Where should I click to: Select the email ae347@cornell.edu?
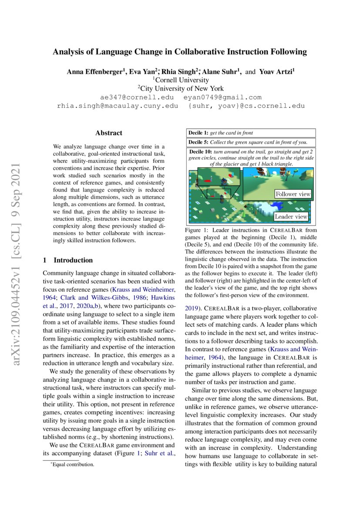[x=137, y=97]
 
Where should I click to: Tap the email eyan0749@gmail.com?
[x=222, y=97]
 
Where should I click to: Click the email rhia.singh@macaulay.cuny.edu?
[x=118, y=106]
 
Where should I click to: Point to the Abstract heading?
[x=108, y=133]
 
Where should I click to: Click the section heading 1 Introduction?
[x=68, y=260]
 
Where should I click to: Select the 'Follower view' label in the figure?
[x=293, y=194]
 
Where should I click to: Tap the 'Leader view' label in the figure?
[x=291, y=216]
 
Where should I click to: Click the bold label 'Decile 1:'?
[x=199, y=133]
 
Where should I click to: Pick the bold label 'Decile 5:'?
[x=199, y=142]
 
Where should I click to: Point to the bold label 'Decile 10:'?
[x=202, y=152]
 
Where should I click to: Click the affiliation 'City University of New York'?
[x=181, y=88]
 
